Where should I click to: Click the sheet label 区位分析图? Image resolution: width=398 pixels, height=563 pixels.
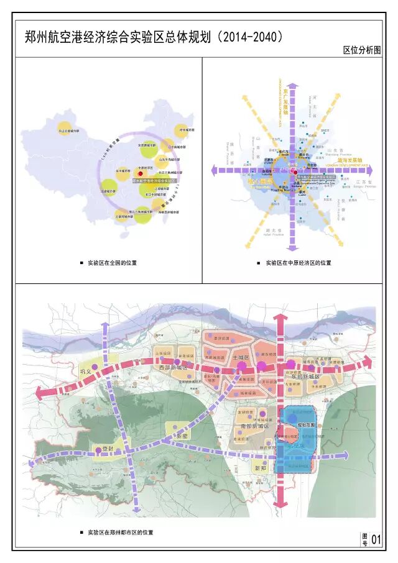tap(361, 50)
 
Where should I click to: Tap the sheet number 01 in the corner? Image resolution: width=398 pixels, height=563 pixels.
tap(375, 540)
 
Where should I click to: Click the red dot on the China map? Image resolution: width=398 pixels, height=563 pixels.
tap(141, 175)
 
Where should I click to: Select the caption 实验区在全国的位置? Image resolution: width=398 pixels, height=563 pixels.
tap(112, 263)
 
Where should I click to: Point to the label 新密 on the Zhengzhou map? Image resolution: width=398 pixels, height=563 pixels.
tap(180, 436)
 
